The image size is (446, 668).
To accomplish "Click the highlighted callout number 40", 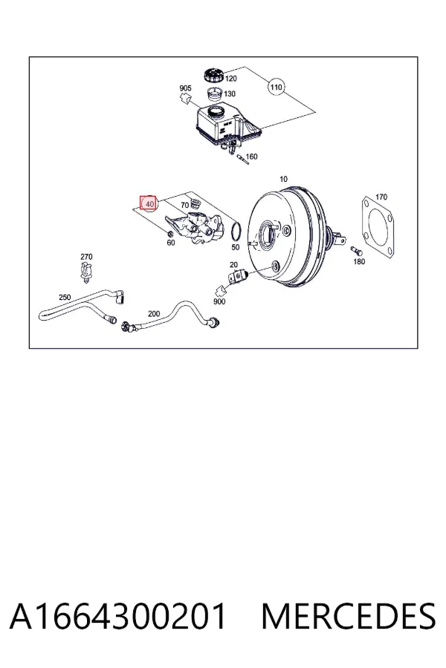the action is coord(149,204).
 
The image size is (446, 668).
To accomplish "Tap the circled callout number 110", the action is coord(276,88).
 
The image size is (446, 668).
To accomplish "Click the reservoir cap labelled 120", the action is coord(214,75).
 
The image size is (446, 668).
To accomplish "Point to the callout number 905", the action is coord(185,88).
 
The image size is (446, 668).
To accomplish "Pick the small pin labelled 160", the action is coord(241,159).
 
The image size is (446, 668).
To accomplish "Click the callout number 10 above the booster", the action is coord(283,179).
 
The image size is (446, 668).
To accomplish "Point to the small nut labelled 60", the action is coord(169,233).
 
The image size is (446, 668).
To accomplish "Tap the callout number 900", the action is coord(219,301).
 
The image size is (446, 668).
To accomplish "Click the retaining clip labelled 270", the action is coord(87,272).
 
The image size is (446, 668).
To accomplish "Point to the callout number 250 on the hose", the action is coord(65,298).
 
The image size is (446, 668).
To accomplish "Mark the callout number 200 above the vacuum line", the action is coord(154,314).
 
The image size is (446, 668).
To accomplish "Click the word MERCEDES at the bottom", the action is coord(349,617).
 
